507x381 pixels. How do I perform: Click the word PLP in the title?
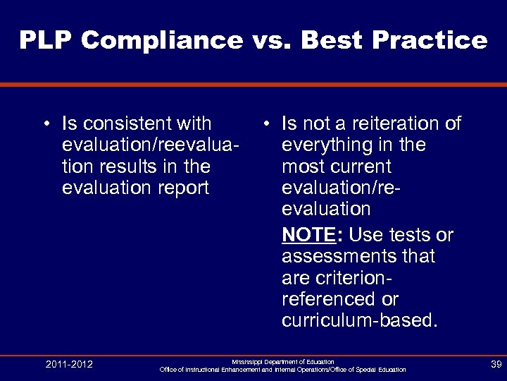click(x=46, y=40)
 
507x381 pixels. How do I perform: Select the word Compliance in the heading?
click(x=163, y=40)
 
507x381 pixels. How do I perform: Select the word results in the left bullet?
click(x=127, y=167)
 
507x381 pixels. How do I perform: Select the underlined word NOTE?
click(x=306, y=234)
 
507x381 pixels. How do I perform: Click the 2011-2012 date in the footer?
click(x=69, y=364)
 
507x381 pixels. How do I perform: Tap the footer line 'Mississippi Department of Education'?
click(x=282, y=361)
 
